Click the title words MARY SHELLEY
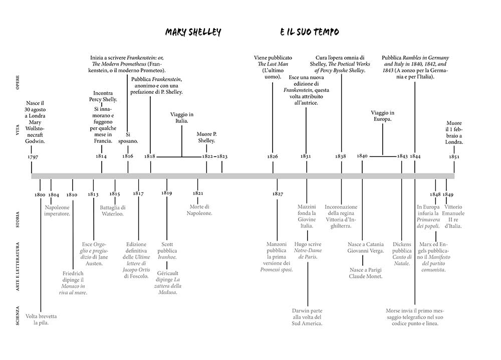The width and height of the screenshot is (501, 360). [x=193, y=33]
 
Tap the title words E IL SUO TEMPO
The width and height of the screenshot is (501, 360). [x=310, y=33]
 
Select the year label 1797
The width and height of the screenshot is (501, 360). [x=33, y=156]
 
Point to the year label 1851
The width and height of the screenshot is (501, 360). [x=454, y=156]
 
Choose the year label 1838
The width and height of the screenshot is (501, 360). [x=341, y=156]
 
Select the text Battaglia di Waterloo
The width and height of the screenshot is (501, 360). [x=113, y=210]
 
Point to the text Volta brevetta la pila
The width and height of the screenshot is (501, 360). [x=42, y=320]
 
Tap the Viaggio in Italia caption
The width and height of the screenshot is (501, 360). [x=181, y=118]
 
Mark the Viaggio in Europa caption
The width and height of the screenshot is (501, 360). [x=383, y=116]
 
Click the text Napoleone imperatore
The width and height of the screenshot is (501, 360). [x=58, y=210]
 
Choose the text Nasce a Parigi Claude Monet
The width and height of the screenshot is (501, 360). [x=366, y=273]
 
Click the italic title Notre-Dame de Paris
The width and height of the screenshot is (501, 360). [x=308, y=254]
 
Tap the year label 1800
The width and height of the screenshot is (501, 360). [x=40, y=194]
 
